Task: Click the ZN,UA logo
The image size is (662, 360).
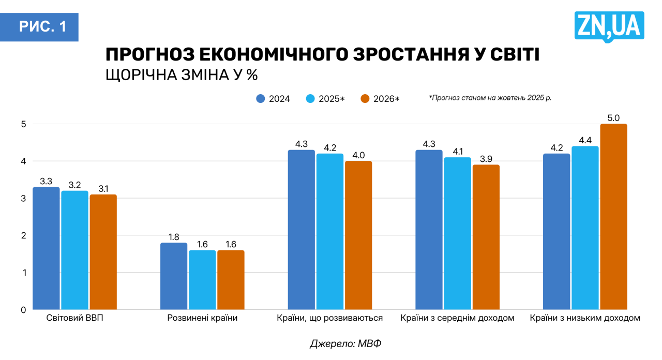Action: (609, 26)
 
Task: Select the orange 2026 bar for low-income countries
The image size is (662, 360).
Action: (613, 217)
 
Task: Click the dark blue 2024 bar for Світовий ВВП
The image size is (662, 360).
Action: (46, 248)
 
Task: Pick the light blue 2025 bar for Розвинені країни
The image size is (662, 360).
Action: (202, 280)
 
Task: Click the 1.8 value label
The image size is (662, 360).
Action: (174, 237)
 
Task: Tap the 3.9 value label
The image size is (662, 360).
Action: (486, 159)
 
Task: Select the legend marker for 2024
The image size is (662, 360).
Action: (261, 99)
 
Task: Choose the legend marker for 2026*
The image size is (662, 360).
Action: (365, 99)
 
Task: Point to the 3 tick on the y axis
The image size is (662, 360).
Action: (23, 198)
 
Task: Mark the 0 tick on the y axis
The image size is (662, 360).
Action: (23, 310)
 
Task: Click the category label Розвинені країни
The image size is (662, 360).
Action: (202, 318)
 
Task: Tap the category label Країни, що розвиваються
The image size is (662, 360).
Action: (330, 318)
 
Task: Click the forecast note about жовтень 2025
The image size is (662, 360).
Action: (490, 97)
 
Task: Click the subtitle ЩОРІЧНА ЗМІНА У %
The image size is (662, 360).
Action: (182, 75)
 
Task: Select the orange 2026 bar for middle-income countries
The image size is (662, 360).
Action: (486, 237)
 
